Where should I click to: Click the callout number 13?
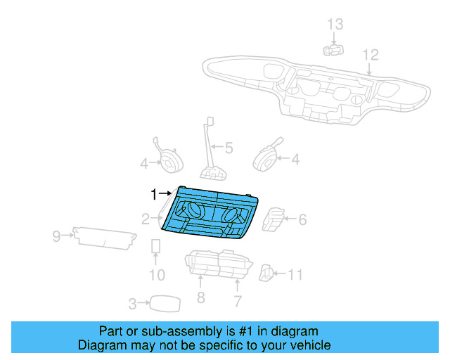[335, 25]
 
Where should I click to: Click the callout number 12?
[370, 55]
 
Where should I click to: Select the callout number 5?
[228, 148]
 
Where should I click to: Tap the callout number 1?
[154, 193]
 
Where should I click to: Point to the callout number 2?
[145, 219]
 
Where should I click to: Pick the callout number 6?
[302, 220]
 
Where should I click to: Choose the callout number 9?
[238, 301]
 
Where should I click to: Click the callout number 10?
[200, 298]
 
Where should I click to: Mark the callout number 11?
[57, 236]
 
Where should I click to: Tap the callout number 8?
[295, 274]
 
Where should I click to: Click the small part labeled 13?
[333, 49]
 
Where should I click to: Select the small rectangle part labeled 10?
[157, 247]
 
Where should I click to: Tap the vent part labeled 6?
[274, 219]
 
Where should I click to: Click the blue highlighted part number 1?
[211, 214]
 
